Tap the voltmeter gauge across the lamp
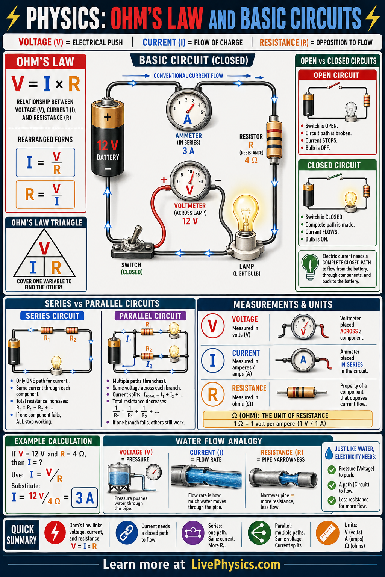(x=190, y=181)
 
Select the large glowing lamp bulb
(x=246, y=212)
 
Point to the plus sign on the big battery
(x=108, y=117)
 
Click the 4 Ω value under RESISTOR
(x=251, y=160)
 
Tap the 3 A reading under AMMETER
(x=188, y=151)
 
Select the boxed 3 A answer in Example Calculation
(x=85, y=498)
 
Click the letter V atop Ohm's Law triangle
(x=44, y=248)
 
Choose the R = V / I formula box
(x=45, y=195)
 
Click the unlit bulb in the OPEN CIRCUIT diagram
(x=351, y=110)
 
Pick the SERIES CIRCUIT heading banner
(x=52, y=316)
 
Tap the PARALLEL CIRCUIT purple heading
(x=150, y=316)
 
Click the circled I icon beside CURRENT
(x=213, y=360)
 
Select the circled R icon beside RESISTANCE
(x=213, y=395)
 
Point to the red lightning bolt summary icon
(x=55, y=533)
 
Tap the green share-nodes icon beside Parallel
(x=259, y=533)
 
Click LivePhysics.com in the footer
(x=235, y=565)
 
